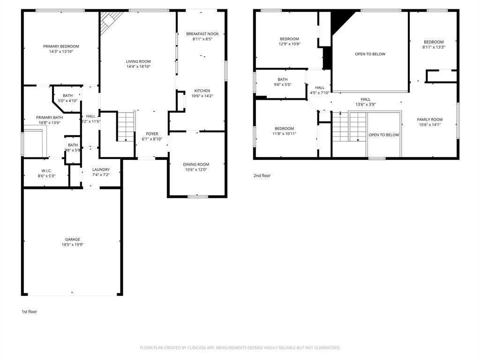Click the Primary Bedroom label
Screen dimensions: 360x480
(61, 46)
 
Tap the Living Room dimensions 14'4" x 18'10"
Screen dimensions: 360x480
(138, 67)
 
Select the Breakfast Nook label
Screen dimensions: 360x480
(202, 34)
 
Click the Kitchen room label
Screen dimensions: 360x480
(202, 91)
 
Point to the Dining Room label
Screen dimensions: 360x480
(196, 165)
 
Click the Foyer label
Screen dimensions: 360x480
(151, 134)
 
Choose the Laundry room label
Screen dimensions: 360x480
(101, 170)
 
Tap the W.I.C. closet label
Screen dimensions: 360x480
(46, 171)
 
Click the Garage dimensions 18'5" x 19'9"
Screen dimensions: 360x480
(72, 245)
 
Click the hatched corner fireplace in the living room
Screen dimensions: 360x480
(110, 21)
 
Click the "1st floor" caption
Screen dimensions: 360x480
(29, 312)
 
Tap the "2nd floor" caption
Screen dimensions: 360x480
(262, 176)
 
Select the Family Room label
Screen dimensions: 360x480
(430, 120)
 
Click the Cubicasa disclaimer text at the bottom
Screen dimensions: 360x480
(240, 348)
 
